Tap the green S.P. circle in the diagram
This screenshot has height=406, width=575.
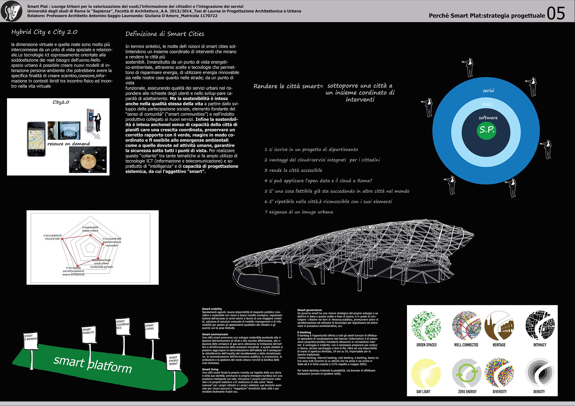pyautogui.click(x=486, y=130)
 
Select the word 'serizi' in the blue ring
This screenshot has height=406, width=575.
pyautogui.click(x=488, y=91)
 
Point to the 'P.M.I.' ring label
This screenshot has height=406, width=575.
pyautogui.click(x=488, y=104)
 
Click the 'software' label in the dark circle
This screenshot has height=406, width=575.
pyautogui.click(x=488, y=118)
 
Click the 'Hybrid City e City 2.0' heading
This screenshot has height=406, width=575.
pyautogui.click(x=44, y=32)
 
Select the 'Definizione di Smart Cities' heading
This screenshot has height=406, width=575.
pyautogui.click(x=164, y=34)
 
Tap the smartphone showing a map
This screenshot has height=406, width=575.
pyautogui.click(x=36, y=139)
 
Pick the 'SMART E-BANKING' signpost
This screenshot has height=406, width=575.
pyautogui.click(x=31, y=341)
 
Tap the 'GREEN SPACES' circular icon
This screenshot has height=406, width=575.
pyautogui.click(x=426, y=326)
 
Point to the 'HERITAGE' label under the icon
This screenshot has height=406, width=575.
pyautogui.click(x=499, y=345)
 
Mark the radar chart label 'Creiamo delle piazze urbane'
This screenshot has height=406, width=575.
pyautogui.click(x=90, y=229)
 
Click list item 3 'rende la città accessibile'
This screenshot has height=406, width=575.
pyautogui.click(x=293, y=170)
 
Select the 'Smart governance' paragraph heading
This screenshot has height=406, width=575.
pyautogui.click(x=309, y=310)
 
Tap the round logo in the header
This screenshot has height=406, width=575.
pyautogui.click(x=12, y=11)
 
